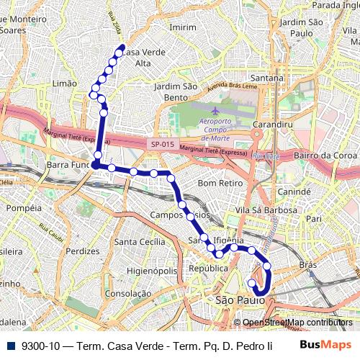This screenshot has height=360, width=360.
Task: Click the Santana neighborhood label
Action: (266, 78)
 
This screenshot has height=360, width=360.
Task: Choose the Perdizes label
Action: (82, 251)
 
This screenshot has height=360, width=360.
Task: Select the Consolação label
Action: (127, 294)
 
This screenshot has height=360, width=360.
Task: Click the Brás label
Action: (308, 265)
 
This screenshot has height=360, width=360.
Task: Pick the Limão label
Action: (65, 84)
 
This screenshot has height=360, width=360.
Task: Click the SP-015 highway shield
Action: (163, 144)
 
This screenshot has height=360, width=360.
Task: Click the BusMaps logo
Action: (320, 344)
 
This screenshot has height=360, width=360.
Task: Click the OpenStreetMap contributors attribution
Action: (297, 322)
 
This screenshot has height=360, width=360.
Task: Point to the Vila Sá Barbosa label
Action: (256, 210)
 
